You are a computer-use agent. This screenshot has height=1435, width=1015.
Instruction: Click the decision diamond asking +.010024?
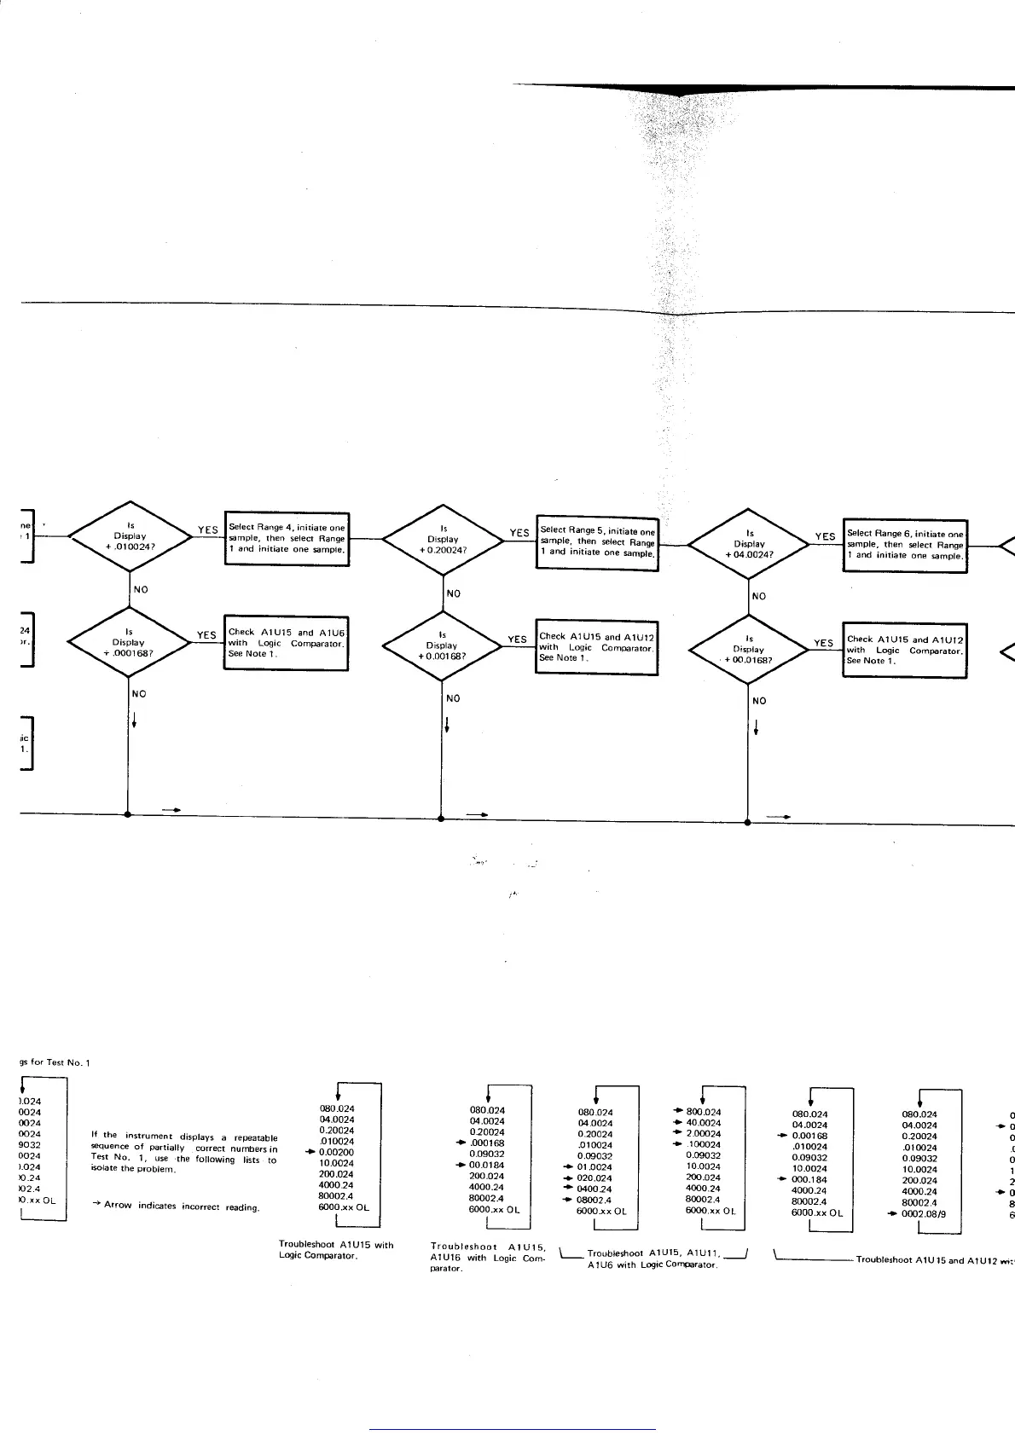[x=130, y=536]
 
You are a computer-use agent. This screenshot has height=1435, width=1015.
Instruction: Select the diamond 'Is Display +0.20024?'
[x=443, y=539]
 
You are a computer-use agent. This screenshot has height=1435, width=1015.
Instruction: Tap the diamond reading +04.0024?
[x=749, y=544]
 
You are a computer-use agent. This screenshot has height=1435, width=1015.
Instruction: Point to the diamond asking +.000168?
[x=129, y=642]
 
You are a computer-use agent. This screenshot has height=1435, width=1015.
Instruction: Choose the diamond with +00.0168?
[x=749, y=649]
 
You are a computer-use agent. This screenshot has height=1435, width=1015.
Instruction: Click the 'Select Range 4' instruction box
[x=287, y=538]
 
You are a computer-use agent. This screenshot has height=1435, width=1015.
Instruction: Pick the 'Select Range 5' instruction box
[x=598, y=541]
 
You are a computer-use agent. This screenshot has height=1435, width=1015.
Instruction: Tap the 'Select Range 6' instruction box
[x=905, y=545]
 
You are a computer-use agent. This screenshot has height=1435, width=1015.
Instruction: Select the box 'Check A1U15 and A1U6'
[x=286, y=643]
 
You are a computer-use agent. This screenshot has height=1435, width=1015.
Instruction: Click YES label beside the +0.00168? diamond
[x=517, y=639]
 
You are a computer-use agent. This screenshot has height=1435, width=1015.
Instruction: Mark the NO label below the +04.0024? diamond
[x=758, y=596]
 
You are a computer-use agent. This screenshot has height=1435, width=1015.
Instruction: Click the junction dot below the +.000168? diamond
[x=128, y=814]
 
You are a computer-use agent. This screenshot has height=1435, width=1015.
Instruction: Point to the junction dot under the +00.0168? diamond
[x=748, y=823]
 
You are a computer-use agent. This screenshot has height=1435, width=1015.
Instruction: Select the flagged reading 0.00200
[x=336, y=1152]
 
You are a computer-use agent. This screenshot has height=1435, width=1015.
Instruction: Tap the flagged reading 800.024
[x=704, y=1112]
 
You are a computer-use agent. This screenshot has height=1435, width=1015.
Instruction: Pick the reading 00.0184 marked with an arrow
[x=487, y=1165]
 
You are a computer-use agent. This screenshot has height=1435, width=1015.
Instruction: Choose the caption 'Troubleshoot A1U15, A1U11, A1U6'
[x=652, y=1259]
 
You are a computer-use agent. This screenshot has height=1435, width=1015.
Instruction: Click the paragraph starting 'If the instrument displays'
[x=183, y=1153]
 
